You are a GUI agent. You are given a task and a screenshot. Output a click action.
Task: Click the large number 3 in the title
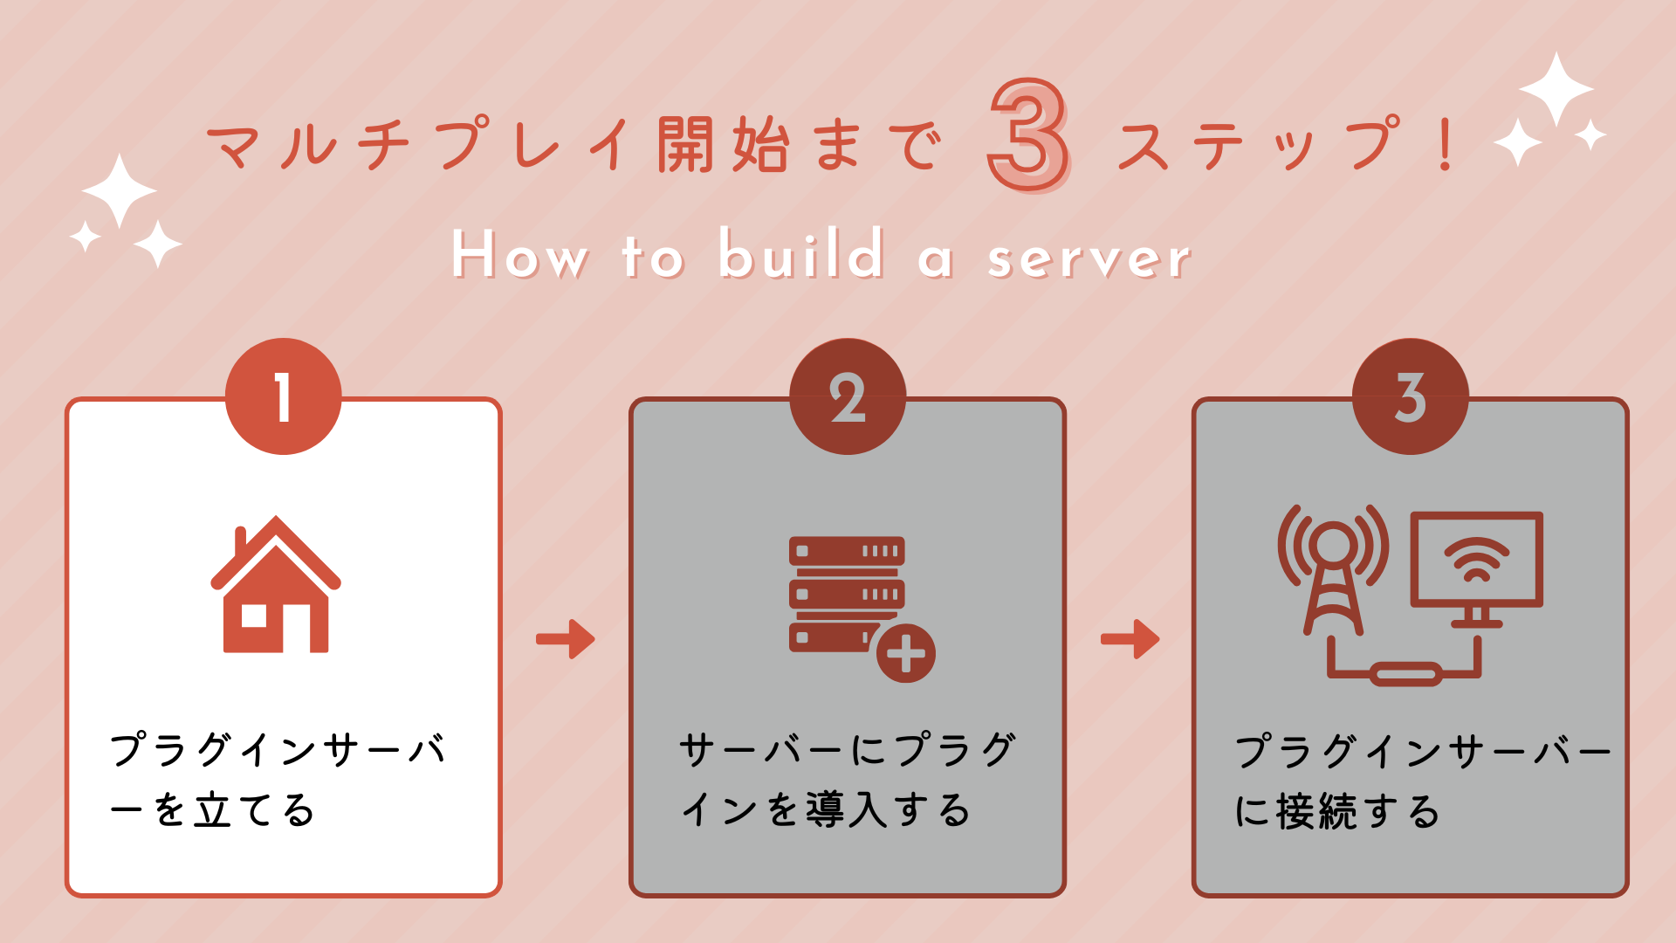pyautogui.click(x=1028, y=135)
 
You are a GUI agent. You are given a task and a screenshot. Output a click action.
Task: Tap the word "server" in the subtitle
pyautogui.click(x=1089, y=258)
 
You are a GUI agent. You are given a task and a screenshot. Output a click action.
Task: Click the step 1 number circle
pyautogui.click(x=283, y=396)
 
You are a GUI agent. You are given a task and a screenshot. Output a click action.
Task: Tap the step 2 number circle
pyautogui.click(x=847, y=396)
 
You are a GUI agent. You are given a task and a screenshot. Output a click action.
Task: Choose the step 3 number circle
pyautogui.click(x=1410, y=396)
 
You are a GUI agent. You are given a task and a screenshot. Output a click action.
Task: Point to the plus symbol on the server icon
pyautogui.click(x=905, y=653)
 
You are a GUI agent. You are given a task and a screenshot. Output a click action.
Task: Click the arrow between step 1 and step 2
pyautogui.click(x=566, y=639)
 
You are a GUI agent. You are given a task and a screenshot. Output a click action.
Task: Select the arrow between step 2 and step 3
pyautogui.click(x=1130, y=639)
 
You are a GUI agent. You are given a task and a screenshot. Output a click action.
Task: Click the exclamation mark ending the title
pyautogui.click(x=1446, y=145)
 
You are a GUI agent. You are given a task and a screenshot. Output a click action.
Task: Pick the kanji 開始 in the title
pyautogui.click(x=724, y=145)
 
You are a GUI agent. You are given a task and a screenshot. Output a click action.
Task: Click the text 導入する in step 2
pyautogui.click(x=887, y=810)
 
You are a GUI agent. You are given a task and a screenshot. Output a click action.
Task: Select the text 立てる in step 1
pyautogui.click(x=254, y=810)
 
